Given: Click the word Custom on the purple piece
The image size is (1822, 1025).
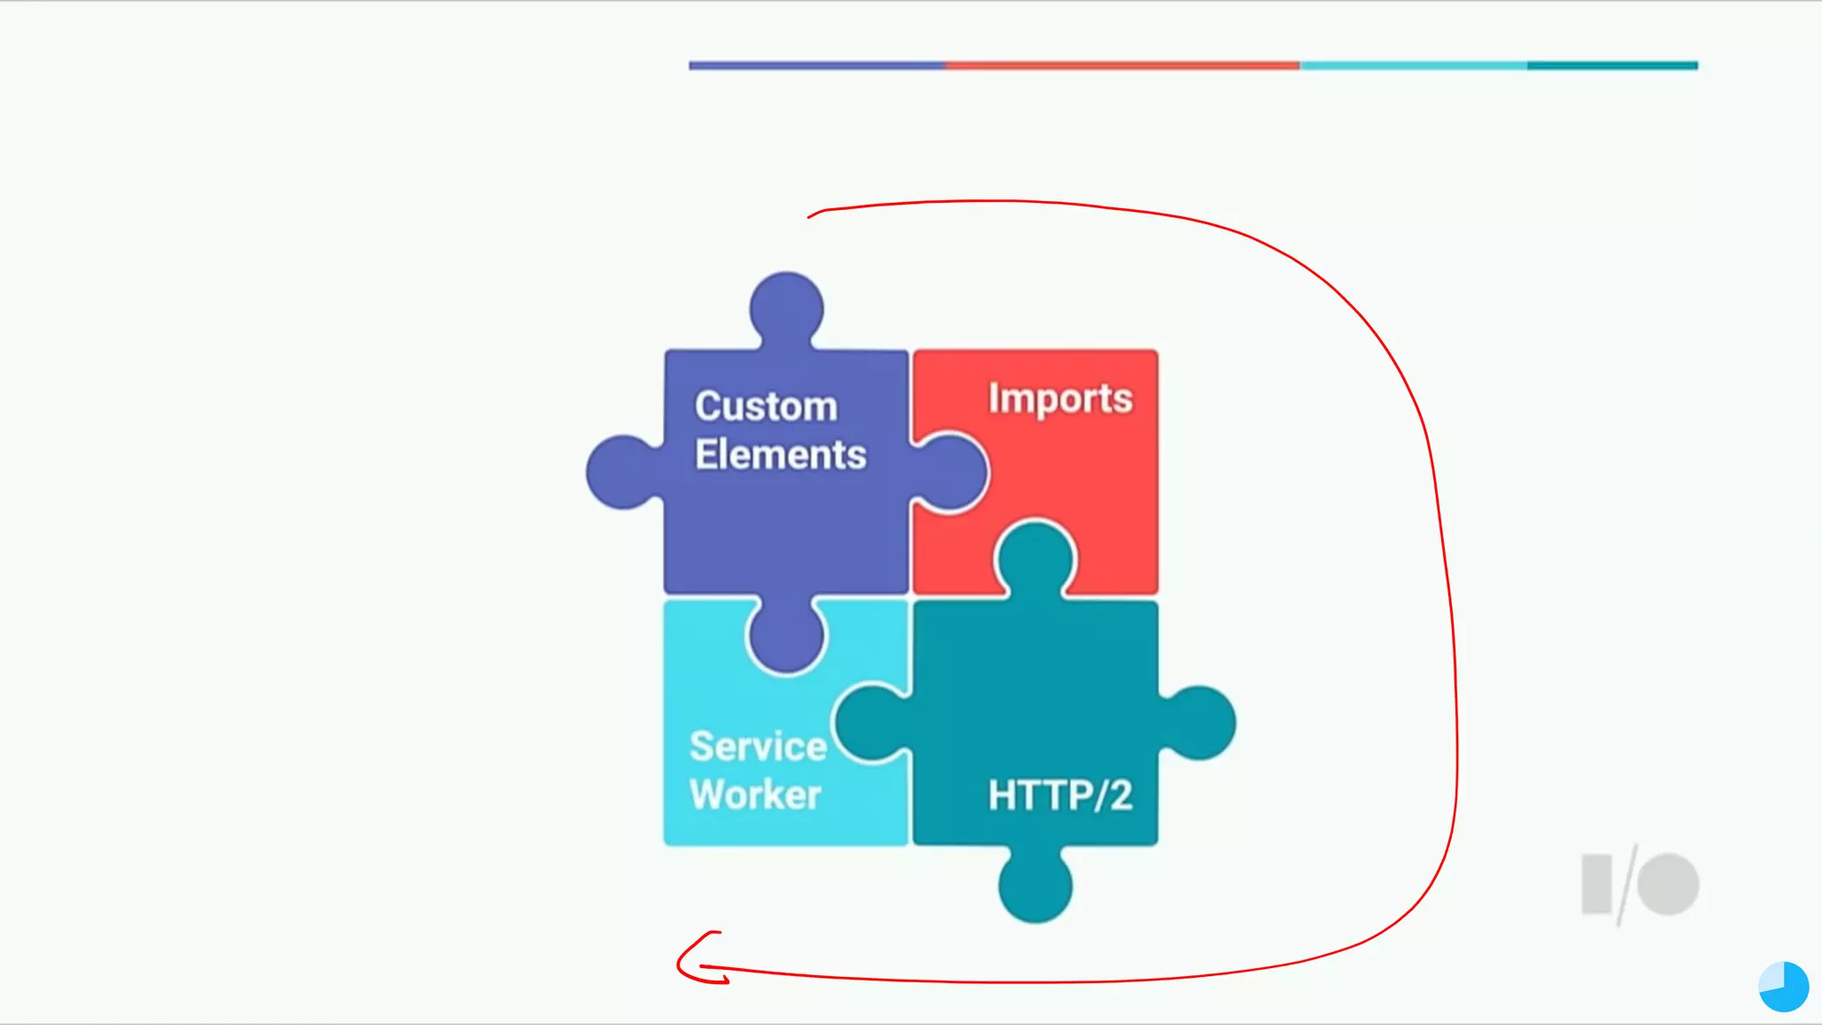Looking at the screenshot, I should pos(766,407).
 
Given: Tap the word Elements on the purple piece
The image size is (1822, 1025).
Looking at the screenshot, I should pos(780,455).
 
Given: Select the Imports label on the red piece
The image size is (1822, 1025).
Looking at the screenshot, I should pos(1060,399).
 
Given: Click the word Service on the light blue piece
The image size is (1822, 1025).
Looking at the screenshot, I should pos(758,747).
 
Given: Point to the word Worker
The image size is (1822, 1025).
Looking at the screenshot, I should pos(755,795).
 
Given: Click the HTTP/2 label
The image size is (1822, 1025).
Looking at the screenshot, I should pos(1060,795).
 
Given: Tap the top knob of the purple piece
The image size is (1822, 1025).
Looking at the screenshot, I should pos(786,308).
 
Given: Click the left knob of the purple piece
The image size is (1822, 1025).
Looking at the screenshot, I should pos(623,472).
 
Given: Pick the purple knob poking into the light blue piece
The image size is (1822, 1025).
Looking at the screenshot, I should pos(786,634).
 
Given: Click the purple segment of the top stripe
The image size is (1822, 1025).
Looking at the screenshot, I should pos(816,65).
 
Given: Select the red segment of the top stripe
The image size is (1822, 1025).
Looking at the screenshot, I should pos(1121,65).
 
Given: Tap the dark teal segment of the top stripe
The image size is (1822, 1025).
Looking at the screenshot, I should pos(1612,65).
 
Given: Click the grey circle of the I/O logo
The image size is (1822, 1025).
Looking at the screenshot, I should pos(1668,884).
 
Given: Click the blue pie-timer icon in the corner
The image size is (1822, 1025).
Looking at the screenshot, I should pos(1784,987).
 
